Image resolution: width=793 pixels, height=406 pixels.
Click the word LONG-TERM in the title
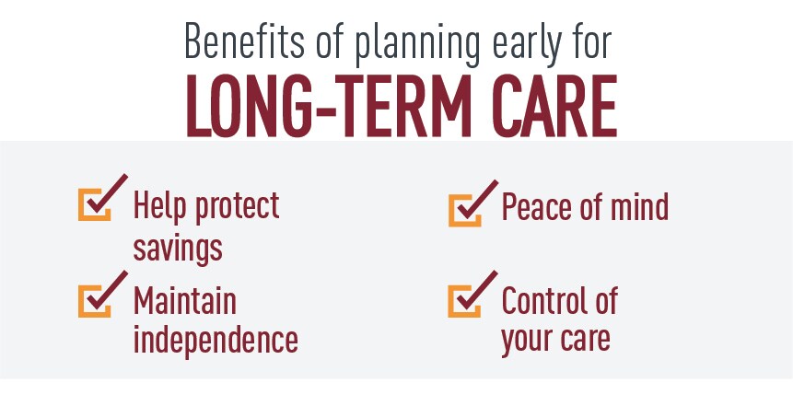coord(329,106)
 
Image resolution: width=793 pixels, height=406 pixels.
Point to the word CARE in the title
coord(554,106)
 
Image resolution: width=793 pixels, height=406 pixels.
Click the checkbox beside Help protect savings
coord(94,204)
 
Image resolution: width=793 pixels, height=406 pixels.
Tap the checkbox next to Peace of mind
coord(464,210)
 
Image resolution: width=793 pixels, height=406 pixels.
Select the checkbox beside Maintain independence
coord(94,301)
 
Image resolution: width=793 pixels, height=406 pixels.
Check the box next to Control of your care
coord(464,301)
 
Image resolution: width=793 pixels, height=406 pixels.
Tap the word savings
coord(178,248)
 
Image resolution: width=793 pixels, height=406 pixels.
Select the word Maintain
coord(184,300)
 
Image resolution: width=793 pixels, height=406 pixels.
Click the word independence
coord(216,340)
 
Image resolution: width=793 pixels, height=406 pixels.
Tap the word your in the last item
coord(526,342)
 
